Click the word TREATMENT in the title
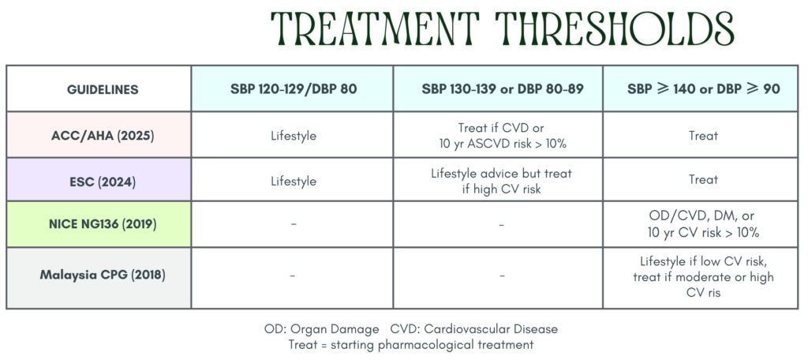(x=375, y=29)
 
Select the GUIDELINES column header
(x=103, y=89)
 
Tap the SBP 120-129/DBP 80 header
(x=294, y=88)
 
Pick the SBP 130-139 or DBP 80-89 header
(x=503, y=88)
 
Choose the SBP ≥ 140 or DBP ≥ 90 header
(x=703, y=88)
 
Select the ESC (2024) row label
(x=103, y=182)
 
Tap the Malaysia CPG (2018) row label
(x=103, y=275)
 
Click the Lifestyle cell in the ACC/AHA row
(x=294, y=137)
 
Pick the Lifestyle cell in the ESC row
(x=294, y=182)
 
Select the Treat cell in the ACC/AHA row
(x=703, y=136)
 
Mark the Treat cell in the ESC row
(x=703, y=179)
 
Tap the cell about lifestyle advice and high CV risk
(x=501, y=181)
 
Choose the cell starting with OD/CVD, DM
(x=703, y=224)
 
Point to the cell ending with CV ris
(x=703, y=276)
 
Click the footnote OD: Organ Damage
(x=322, y=329)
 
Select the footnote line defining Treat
(x=410, y=344)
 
